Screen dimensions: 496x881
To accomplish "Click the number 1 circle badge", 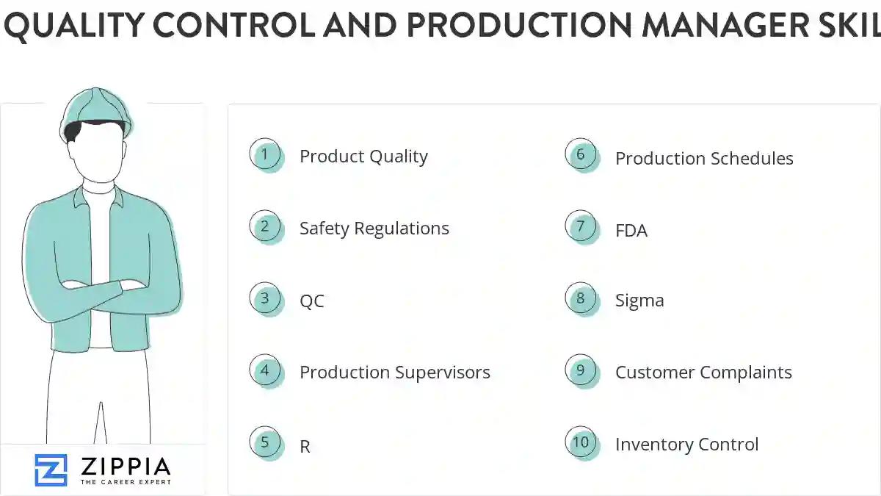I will tap(265, 154).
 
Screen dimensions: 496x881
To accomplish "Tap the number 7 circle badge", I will tap(581, 226).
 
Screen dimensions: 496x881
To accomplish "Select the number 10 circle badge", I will tap(581, 442).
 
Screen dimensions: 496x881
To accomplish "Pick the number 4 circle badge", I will tap(265, 370).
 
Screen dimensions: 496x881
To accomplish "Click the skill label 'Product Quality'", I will tap(363, 156).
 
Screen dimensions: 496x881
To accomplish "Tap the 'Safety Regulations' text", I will tap(374, 228).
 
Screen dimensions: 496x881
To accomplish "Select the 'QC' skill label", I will tap(311, 301).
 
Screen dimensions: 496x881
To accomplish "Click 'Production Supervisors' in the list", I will tap(394, 372).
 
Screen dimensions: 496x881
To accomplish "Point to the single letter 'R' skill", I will tap(305, 446).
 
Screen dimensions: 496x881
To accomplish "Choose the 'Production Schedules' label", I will tap(704, 158).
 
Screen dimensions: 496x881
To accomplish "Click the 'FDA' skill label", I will tap(631, 231).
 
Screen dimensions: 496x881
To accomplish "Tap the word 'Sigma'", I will tap(639, 300).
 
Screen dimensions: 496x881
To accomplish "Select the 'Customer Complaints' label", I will tap(703, 372).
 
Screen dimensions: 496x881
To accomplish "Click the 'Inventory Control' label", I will tap(686, 444).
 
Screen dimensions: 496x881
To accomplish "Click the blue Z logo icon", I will tap(51, 470).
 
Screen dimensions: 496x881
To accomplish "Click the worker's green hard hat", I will tap(97, 108).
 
